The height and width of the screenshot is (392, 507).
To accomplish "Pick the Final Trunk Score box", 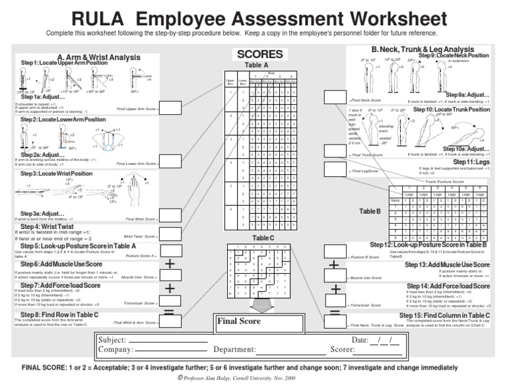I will [334, 150].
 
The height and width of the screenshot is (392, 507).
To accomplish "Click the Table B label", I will [370, 211].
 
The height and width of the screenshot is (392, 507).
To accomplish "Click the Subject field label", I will [112, 339].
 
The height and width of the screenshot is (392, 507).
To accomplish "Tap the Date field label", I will [360, 339].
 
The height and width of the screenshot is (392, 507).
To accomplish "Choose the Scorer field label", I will [343, 349].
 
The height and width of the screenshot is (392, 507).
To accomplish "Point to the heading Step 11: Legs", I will [471, 162].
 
